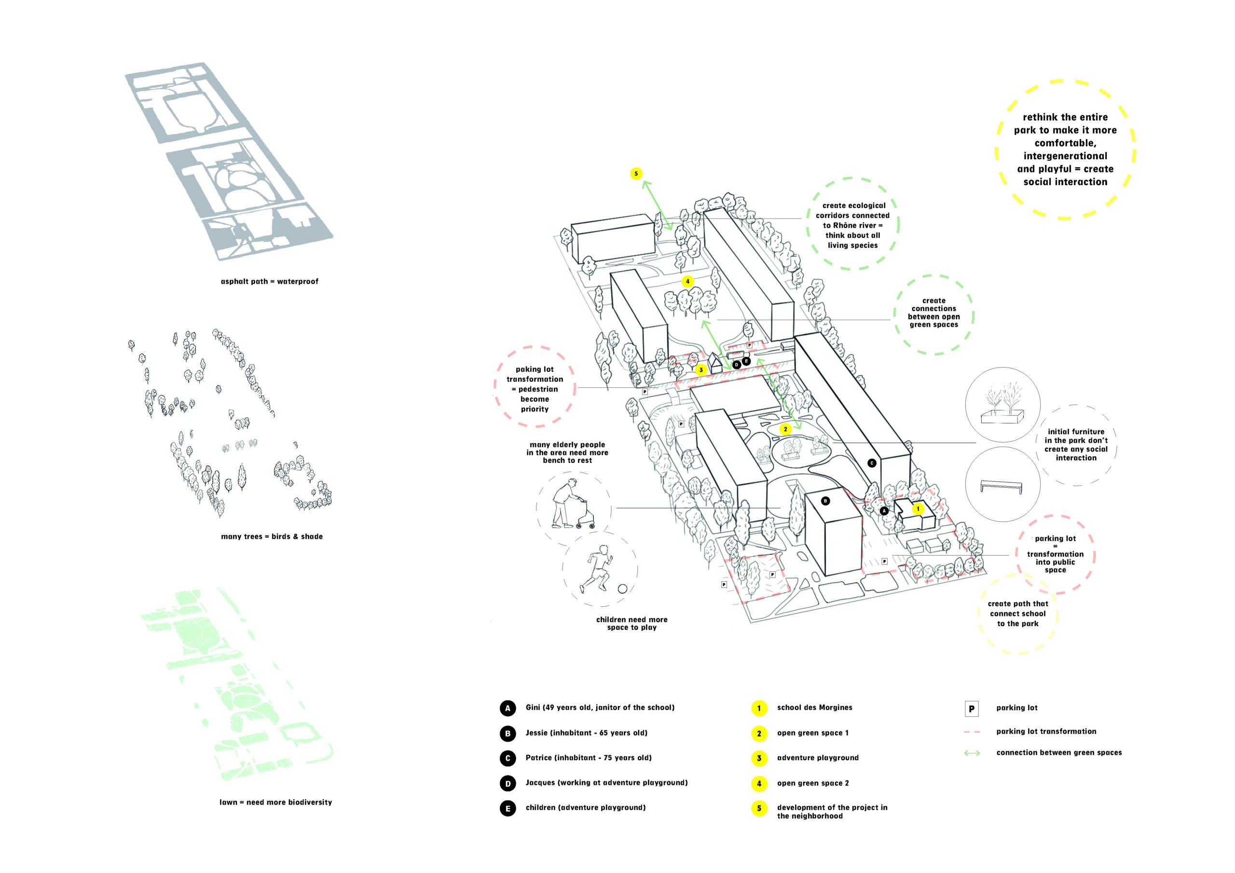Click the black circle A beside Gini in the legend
point(507,708)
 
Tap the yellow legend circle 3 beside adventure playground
point(759,758)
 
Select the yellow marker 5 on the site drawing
point(636,174)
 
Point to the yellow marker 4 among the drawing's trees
point(687,281)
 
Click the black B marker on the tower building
point(825,501)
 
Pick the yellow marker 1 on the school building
point(918,508)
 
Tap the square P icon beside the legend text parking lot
point(972,709)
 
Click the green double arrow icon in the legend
point(972,753)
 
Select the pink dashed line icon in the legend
point(972,732)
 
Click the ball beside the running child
point(622,588)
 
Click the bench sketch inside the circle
point(1001,487)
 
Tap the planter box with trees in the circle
point(1002,416)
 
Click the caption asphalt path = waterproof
point(270,281)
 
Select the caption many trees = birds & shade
point(272,536)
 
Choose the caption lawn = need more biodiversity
point(275,802)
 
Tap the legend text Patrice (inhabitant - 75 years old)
point(589,758)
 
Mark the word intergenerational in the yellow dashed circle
point(1065,156)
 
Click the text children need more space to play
point(631,624)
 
